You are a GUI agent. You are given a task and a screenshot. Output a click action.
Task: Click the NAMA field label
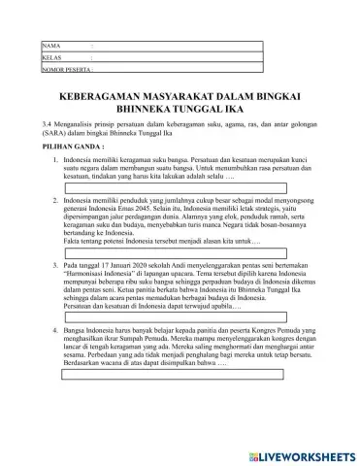tap(50, 46)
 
